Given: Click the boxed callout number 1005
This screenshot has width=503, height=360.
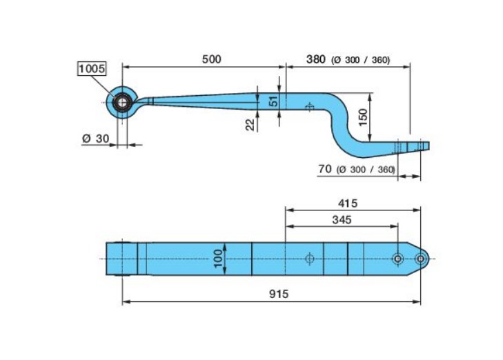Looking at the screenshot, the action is [x=92, y=68].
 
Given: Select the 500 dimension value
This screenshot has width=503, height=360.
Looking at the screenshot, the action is [x=211, y=59].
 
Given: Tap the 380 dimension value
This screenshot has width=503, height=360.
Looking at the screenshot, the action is [x=316, y=59].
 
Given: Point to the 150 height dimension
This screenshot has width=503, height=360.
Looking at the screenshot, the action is [x=362, y=118].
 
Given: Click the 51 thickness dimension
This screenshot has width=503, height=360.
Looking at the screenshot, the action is [x=274, y=101].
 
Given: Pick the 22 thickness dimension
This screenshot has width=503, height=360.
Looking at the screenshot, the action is [x=251, y=125].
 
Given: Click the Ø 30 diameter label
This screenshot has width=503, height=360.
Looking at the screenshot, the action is [x=96, y=139].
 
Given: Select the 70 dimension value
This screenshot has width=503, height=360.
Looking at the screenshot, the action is [x=325, y=168].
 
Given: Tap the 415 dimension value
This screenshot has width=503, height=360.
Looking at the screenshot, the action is [x=348, y=203].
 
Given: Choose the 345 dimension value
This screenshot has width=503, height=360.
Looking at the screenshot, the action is [x=342, y=220].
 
